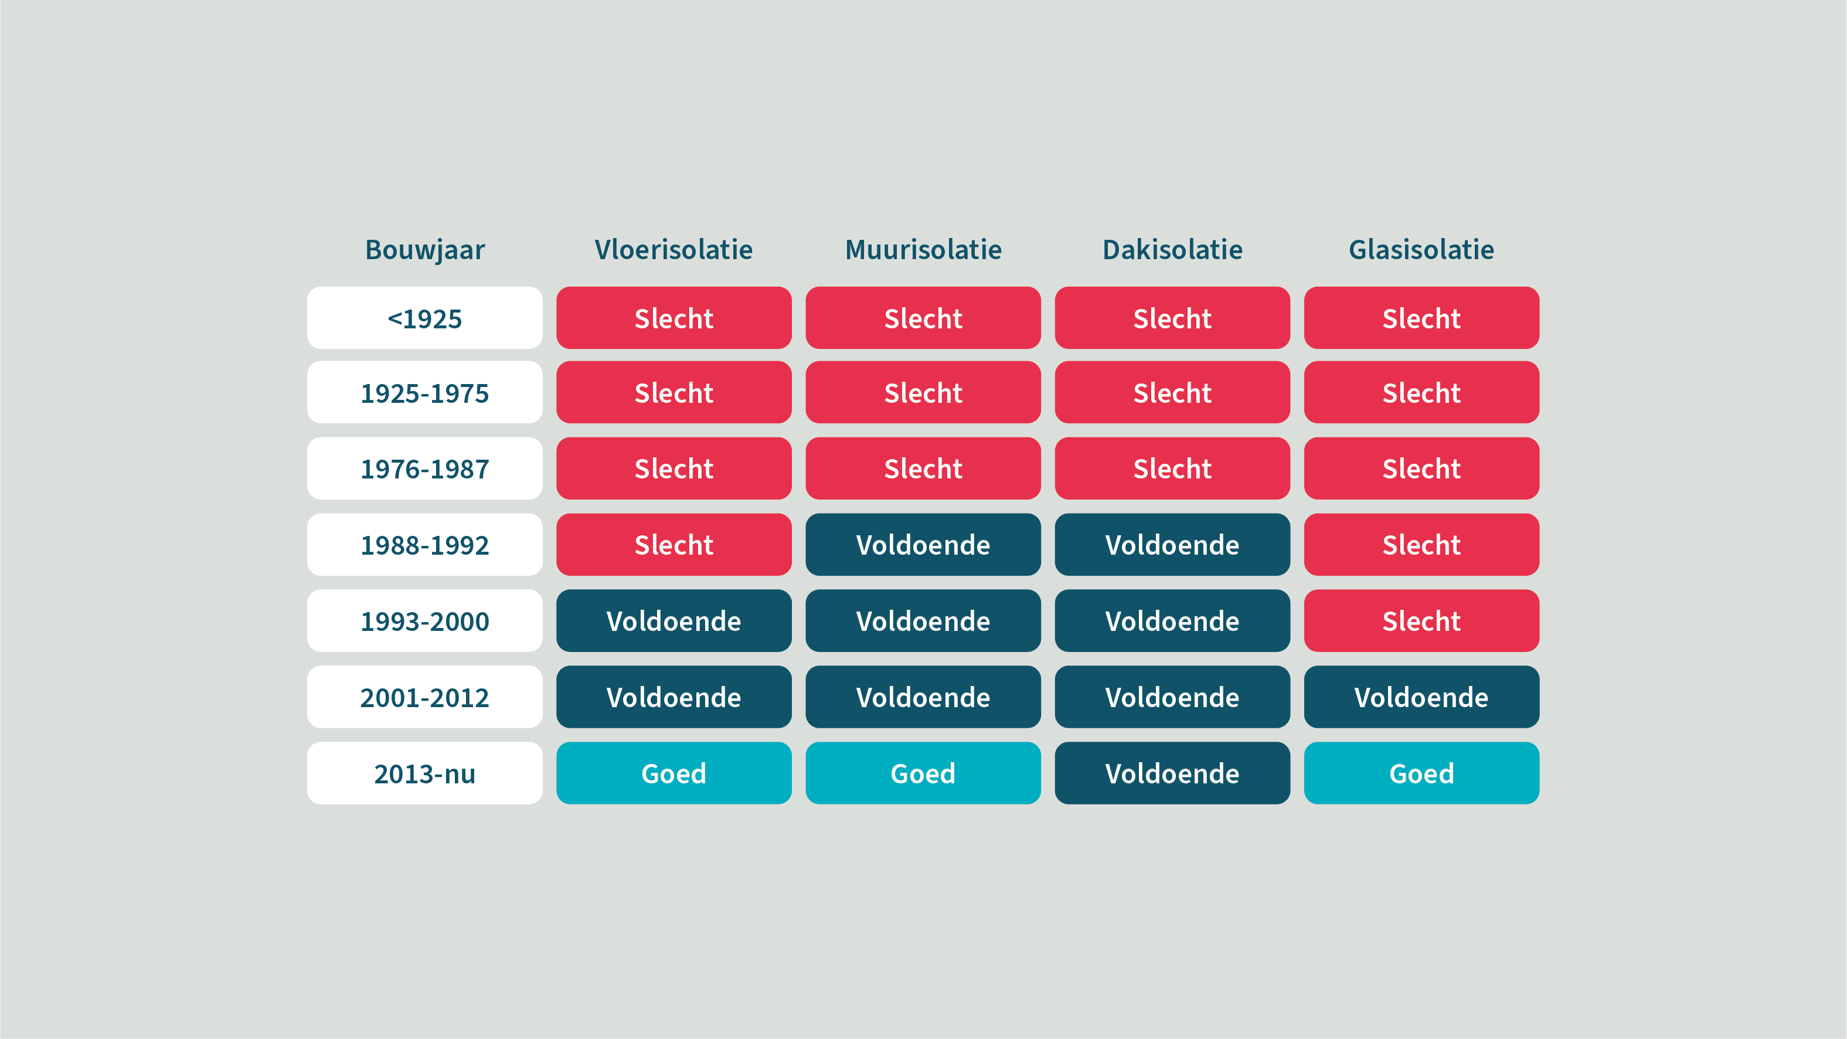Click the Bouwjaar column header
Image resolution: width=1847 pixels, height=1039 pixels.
[424, 250]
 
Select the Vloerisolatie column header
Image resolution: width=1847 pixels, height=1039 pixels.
[674, 250]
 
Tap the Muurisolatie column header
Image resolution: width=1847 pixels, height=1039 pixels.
[924, 250]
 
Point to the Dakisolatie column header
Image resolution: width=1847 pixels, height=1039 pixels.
[1172, 250]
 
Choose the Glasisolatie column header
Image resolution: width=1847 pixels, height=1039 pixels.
[1422, 250]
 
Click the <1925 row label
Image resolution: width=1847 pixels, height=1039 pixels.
[424, 318]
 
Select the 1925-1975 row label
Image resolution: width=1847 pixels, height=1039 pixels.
[424, 392]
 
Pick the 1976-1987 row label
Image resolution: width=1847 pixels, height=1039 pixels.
[424, 468]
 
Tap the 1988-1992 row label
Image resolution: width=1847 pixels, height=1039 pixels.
[424, 544]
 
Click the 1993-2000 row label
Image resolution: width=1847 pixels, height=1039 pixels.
[424, 621]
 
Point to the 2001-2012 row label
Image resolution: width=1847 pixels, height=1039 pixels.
[424, 697]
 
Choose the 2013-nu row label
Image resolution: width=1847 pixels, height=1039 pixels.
[424, 773]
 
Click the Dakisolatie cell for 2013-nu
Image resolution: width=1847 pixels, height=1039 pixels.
[1172, 773]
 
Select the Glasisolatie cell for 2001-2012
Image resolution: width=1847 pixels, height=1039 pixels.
[1422, 697]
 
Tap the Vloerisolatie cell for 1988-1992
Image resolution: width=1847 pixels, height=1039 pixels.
[674, 544]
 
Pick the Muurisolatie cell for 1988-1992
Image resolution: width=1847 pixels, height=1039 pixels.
[924, 544]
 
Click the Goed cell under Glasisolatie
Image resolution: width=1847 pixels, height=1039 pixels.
[1422, 773]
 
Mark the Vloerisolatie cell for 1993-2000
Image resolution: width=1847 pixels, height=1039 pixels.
[674, 621]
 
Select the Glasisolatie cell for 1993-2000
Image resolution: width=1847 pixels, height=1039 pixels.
[1422, 621]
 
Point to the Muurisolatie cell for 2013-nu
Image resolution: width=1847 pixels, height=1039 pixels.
[924, 773]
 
